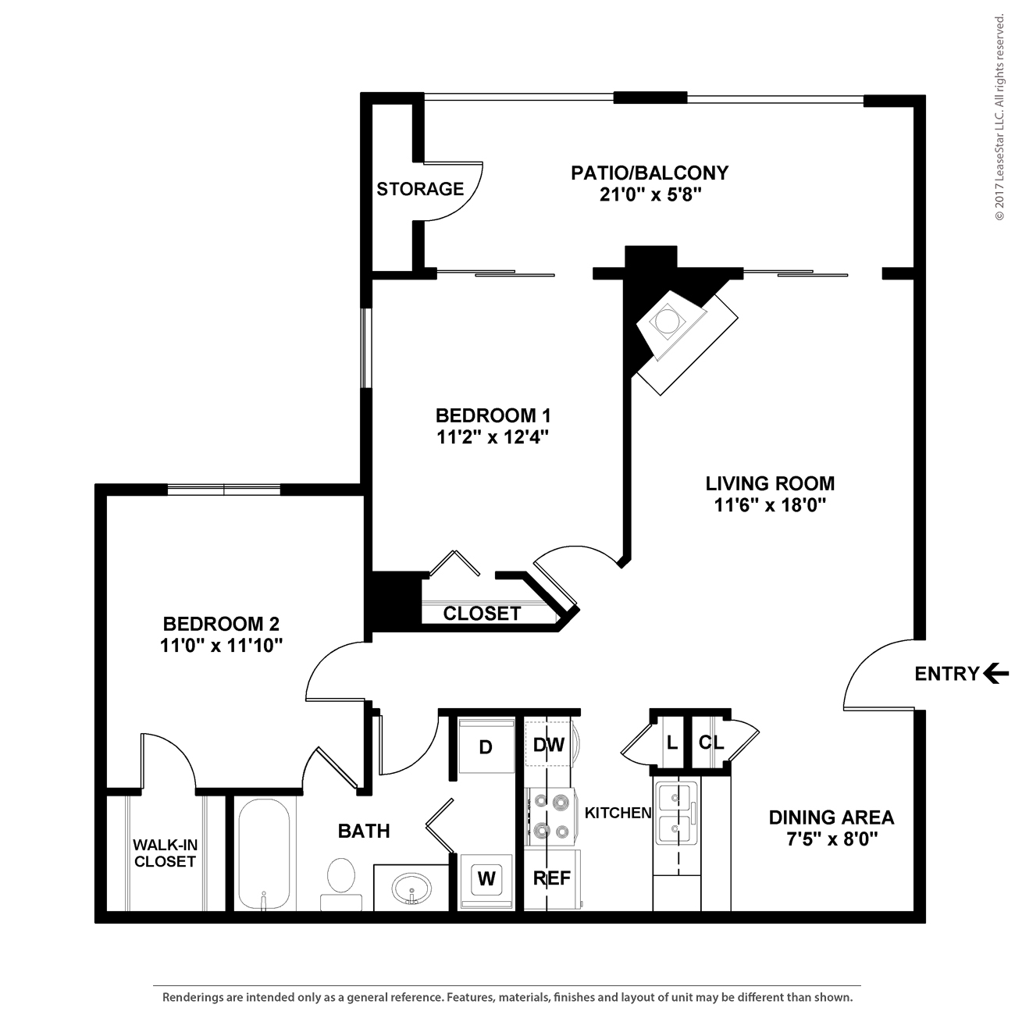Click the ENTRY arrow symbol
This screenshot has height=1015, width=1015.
995,672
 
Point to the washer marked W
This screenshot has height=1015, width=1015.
486,879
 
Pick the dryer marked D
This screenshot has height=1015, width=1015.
486,747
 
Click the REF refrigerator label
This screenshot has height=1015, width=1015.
551,878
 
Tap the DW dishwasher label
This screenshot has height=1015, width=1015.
548,745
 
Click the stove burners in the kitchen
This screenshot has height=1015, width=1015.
550,815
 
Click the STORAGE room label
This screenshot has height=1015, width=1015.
420,189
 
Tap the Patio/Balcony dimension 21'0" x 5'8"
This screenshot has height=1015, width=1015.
649,194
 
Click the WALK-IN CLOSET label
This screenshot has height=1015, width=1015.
164,853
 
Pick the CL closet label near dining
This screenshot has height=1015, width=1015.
711,743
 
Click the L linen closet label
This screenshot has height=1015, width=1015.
671,743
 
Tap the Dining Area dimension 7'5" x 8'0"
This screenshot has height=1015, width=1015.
831,839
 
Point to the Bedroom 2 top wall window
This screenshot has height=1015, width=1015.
224,490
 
